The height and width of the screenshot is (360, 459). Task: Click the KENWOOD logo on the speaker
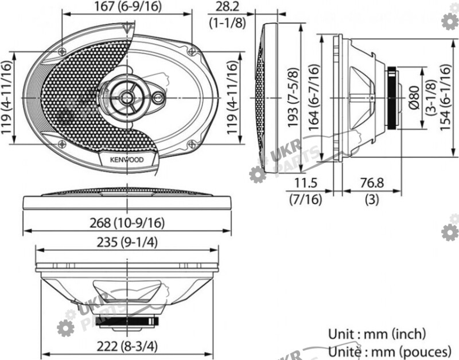tap(127, 160)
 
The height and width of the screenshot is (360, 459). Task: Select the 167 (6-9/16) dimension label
tap(127, 6)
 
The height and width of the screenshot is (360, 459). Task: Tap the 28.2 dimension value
tap(227, 6)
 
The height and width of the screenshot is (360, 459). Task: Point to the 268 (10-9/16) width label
tap(127, 223)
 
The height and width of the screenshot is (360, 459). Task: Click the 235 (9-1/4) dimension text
tap(127, 242)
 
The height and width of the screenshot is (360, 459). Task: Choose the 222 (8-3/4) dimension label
tap(127, 347)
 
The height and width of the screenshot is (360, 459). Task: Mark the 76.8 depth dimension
tap(372, 183)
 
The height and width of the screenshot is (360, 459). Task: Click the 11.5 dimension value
tap(306, 183)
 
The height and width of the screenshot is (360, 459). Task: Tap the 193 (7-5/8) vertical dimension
tap(293, 97)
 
